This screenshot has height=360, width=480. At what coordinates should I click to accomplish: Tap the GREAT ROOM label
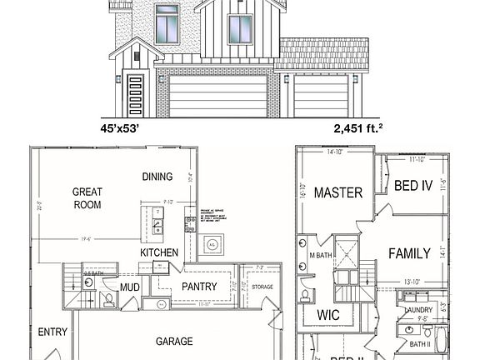click(x=87, y=197)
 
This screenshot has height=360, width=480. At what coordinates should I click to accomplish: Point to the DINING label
click(x=157, y=177)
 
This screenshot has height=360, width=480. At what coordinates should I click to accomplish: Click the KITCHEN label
click(x=159, y=252)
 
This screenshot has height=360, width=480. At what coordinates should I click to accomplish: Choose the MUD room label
click(x=129, y=287)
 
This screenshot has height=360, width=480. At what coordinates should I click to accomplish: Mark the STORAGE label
click(x=262, y=287)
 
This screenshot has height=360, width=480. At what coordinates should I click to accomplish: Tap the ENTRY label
click(x=52, y=332)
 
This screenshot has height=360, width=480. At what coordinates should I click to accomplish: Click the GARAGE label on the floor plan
click(x=174, y=341)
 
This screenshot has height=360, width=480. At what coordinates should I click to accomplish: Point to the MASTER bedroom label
click(x=338, y=192)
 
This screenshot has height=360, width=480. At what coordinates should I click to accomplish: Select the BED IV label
click(x=412, y=186)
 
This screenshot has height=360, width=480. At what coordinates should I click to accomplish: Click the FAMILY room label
click(x=409, y=253)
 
